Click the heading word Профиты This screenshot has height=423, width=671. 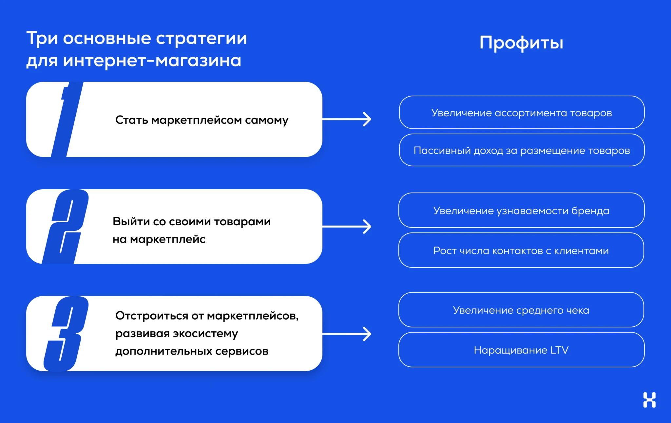(521, 43)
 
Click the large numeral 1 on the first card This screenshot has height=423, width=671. (67, 119)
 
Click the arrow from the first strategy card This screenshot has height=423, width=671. (347, 119)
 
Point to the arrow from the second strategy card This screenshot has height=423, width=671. (347, 226)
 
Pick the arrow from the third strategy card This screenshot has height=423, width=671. (347, 334)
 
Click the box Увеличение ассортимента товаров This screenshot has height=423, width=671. (522, 113)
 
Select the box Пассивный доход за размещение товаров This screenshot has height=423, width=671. (522, 150)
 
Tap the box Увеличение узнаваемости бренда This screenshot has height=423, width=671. (521, 211)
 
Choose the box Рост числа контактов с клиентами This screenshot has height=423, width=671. (521, 250)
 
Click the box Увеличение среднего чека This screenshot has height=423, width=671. (521, 310)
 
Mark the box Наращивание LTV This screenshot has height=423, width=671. (521, 350)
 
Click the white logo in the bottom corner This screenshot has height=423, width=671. (649, 400)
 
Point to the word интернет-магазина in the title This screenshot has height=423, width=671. (152, 61)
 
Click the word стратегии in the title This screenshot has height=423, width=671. (201, 39)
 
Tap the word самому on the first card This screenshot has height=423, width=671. (267, 120)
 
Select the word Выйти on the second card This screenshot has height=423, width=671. (131, 222)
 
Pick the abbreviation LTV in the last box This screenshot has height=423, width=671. (559, 350)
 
